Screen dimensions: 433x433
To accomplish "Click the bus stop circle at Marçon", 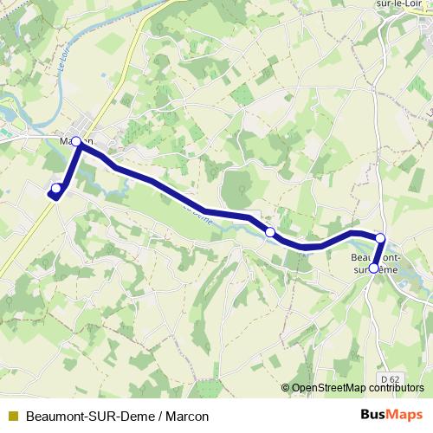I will point(76,141).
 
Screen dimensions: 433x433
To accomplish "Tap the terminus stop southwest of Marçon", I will point(56,188).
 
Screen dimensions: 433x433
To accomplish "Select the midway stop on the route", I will point(270,232).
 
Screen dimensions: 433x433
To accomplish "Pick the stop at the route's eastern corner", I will point(379,237).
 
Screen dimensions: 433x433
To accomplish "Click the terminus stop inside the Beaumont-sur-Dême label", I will point(373,268).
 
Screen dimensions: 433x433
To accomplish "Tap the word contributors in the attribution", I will point(399,388).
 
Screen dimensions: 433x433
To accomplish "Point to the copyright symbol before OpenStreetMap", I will point(287,388).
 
